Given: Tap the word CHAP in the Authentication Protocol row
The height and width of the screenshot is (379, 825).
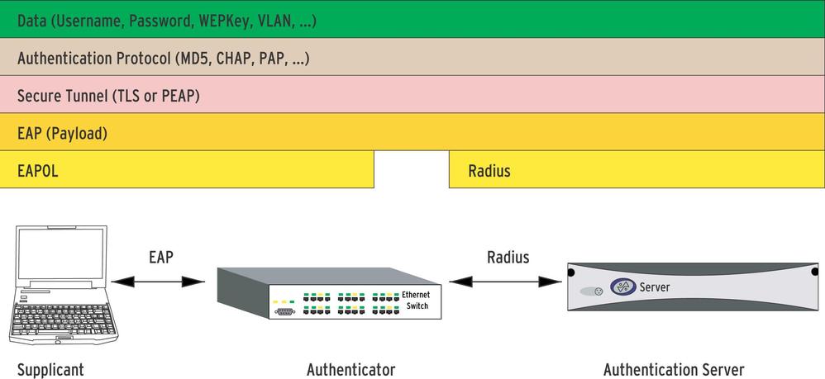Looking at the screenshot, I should click(231, 59).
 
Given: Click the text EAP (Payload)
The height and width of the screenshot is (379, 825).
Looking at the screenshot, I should click(63, 133).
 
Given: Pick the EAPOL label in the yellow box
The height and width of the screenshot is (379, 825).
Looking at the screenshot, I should click(38, 171).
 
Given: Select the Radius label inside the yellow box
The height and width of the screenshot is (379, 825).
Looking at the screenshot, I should click(489, 171).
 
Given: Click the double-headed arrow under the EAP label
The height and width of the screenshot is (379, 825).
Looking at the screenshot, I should click(158, 282).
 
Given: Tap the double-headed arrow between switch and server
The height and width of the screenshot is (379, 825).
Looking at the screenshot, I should click(504, 282).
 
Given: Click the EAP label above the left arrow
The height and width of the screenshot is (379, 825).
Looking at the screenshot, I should click(161, 257).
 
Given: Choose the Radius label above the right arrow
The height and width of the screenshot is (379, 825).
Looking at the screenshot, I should click(508, 257).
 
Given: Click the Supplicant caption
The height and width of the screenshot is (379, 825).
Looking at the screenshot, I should click(51, 369).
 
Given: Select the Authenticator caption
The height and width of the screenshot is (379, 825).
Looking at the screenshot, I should click(351, 369).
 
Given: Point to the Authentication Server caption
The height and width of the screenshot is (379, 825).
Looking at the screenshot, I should click(674, 369).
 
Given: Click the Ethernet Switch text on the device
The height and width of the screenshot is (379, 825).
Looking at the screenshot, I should click(416, 300).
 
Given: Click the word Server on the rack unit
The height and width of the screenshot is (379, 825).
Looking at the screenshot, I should click(655, 287).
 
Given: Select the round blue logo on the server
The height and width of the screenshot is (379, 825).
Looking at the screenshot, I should click(622, 287).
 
